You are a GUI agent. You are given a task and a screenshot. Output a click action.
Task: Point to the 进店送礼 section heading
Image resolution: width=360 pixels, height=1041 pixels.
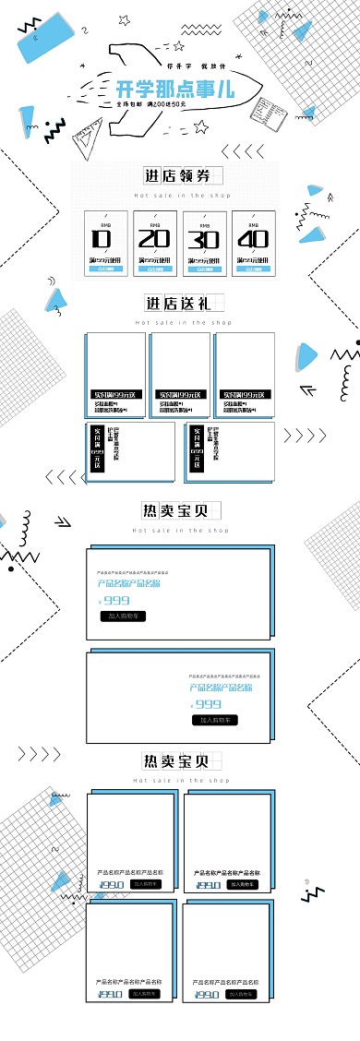tap(179, 303)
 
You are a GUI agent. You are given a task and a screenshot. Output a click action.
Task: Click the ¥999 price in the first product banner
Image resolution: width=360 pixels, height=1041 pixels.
tap(114, 600)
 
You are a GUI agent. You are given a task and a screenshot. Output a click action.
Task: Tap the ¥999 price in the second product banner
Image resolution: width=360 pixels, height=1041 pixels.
tap(207, 704)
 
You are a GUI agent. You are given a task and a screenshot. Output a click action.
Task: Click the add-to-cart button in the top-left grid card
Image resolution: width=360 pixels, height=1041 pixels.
tap(145, 883)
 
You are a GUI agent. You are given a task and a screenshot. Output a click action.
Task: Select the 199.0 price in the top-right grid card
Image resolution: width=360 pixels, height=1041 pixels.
tap(208, 884)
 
